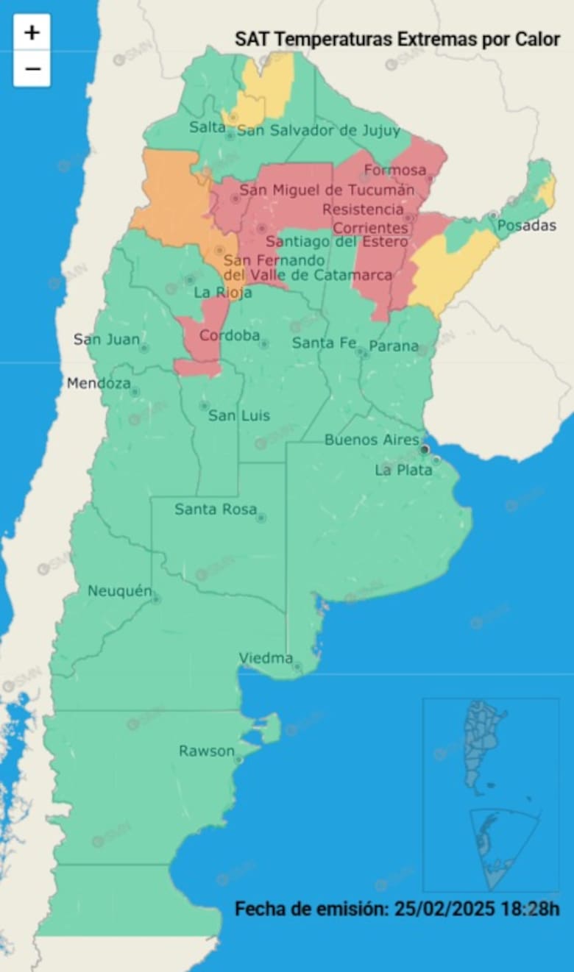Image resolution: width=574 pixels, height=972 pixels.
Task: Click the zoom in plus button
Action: (32, 32)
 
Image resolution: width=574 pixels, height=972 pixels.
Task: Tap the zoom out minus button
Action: (32, 69)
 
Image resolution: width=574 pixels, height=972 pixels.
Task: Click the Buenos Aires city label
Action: (372, 440)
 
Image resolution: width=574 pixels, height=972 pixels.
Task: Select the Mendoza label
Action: (99, 383)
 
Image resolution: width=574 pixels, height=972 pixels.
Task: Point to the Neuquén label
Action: (119, 590)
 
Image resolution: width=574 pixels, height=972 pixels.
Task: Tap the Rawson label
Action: (206, 751)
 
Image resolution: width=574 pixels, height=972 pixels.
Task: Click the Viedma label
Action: (266, 658)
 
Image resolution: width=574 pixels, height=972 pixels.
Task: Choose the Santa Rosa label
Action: (216, 509)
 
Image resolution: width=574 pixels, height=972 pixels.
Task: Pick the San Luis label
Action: (239, 415)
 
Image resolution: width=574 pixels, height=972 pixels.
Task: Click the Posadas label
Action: (527, 226)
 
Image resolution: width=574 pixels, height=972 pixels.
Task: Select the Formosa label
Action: (394, 171)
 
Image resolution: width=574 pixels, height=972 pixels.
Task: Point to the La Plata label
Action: (403, 470)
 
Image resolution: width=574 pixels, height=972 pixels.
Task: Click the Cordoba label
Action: (230, 335)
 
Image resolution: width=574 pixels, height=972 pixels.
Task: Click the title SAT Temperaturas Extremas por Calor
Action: (397, 40)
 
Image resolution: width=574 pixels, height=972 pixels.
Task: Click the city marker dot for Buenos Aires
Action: (425, 449)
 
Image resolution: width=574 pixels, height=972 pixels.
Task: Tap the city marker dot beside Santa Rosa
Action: (261, 518)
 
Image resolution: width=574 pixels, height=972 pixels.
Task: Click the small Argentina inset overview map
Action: (490, 794)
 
